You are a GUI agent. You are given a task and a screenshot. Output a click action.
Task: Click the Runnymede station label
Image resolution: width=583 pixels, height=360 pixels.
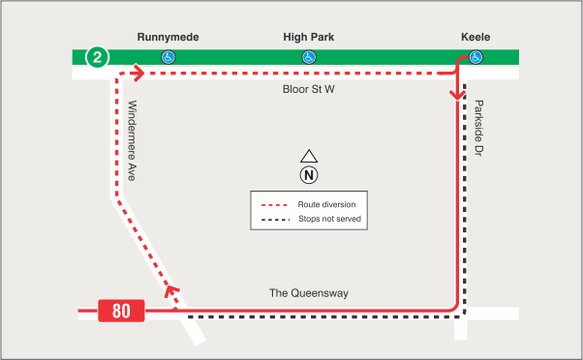pyautogui.click(x=168, y=37)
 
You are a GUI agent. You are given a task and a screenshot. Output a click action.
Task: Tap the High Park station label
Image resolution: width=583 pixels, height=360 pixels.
pyautogui.click(x=308, y=37)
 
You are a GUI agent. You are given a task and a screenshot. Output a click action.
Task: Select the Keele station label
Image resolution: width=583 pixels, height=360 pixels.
pyautogui.click(x=476, y=37)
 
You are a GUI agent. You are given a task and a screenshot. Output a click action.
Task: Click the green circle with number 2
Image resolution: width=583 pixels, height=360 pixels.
pyautogui.click(x=98, y=57)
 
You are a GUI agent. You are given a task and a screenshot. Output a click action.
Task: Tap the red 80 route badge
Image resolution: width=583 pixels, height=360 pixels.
pyautogui.click(x=121, y=311)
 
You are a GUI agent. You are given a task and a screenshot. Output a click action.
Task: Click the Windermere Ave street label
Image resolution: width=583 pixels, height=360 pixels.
pyautogui.click(x=132, y=140)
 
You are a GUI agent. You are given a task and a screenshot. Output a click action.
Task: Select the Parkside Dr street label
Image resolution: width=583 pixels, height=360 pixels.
pyautogui.click(x=478, y=130)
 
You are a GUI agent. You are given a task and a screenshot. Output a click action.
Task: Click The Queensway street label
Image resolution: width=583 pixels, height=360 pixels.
pyautogui.click(x=308, y=293)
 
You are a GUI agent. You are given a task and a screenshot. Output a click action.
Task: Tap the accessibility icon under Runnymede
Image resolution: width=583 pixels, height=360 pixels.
pyautogui.click(x=168, y=57)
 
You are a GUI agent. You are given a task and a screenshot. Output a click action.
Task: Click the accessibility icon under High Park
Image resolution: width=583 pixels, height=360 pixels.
pyautogui.click(x=308, y=57)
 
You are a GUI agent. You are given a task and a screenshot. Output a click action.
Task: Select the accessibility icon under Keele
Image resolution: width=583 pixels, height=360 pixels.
pyautogui.click(x=476, y=57)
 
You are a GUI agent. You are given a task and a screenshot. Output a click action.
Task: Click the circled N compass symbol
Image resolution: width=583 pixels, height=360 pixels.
pyautogui.click(x=308, y=175)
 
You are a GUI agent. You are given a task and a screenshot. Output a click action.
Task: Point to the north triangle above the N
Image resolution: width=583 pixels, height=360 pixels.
pyautogui.click(x=308, y=157)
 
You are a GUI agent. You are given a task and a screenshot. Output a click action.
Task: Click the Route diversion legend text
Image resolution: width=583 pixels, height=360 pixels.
pyautogui.click(x=326, y=205)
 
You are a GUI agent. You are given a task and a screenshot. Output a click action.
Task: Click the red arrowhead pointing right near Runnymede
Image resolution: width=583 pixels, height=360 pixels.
pyautogui.click(x=138, y=72)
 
